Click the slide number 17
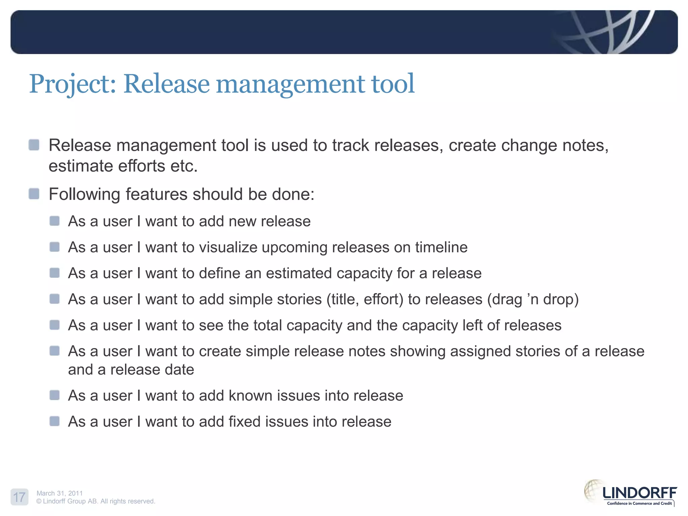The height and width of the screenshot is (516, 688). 19,497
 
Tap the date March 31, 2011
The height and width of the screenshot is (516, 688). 59,493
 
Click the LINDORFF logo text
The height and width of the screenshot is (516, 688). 639,493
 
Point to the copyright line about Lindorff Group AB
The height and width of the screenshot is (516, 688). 96,501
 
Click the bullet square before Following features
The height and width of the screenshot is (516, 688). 34,194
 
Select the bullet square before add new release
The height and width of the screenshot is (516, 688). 54,221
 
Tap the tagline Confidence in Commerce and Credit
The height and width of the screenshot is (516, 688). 639,503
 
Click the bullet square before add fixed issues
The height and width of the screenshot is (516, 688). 54,421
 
